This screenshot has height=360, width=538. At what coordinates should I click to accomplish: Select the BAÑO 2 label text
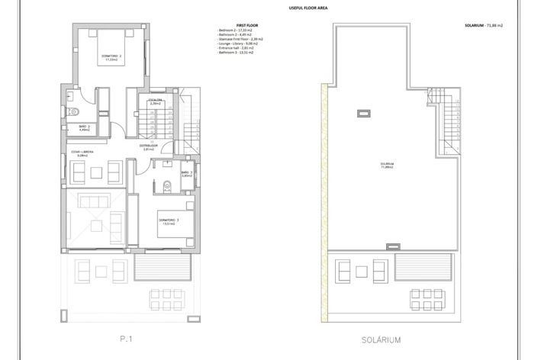84,127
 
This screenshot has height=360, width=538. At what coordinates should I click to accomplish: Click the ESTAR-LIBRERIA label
82,153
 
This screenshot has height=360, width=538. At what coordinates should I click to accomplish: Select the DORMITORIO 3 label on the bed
167,222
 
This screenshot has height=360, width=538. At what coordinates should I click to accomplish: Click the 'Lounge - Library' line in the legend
241,44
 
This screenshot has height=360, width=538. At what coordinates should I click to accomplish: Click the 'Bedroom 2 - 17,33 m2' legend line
240,31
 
